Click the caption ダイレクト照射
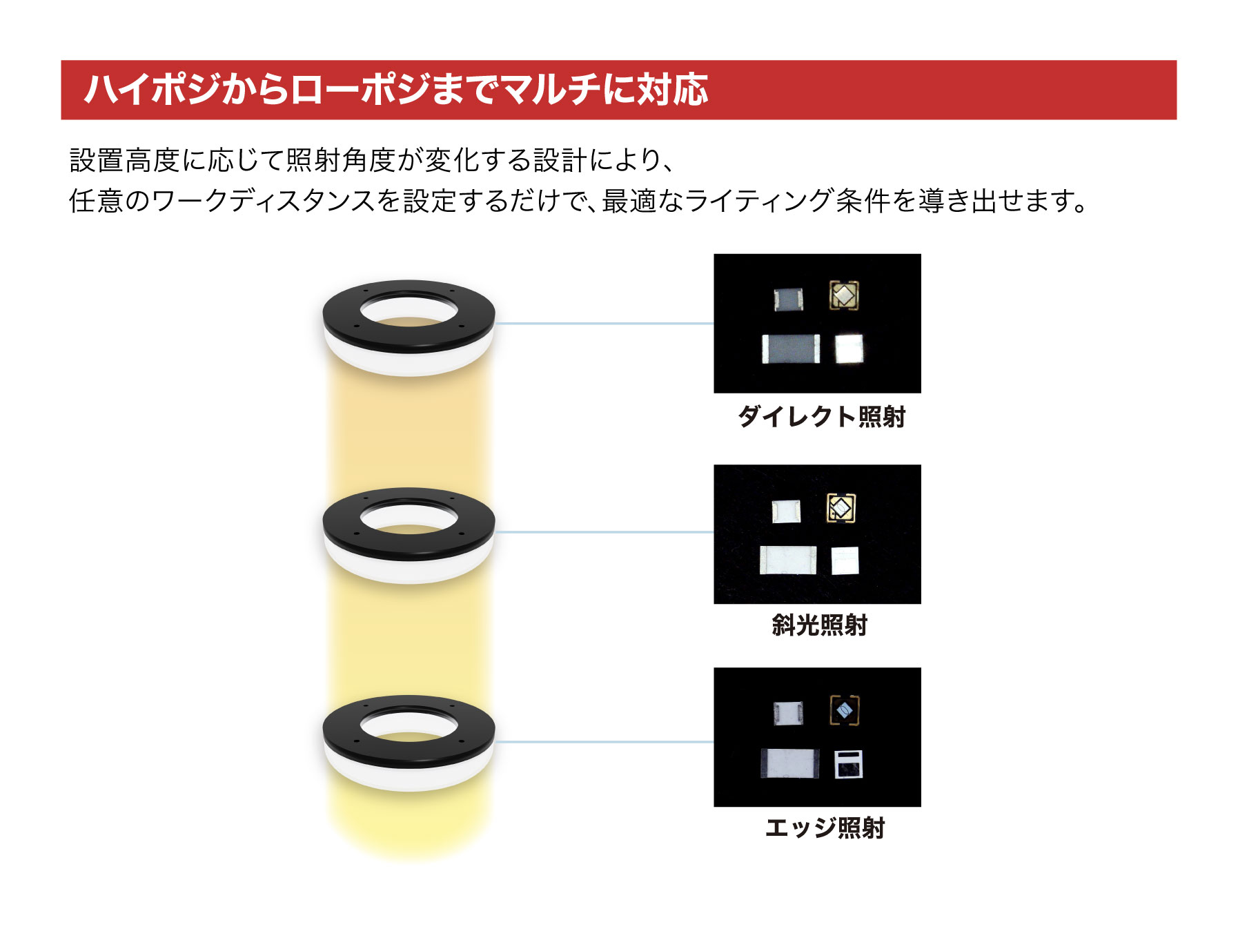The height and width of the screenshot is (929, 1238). (821, 416)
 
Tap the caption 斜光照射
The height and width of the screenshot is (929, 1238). (819, 625)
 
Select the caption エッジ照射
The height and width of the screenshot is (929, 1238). (825, 827)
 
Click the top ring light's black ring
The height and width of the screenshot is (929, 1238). (409, 316)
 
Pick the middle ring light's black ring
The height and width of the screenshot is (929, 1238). (409, 525)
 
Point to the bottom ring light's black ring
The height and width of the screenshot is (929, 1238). (409, 732)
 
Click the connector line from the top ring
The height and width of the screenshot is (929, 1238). (605, 323)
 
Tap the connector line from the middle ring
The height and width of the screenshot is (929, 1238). (605, 532)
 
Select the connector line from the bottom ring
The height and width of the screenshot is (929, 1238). (605, 742)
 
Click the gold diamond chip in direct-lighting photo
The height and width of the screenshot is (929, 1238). (843, 295)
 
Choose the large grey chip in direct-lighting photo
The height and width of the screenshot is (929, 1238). (791, 349)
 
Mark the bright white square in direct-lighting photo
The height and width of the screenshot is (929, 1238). (849, 349)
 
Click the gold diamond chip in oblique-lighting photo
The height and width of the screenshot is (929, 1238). (841, 509)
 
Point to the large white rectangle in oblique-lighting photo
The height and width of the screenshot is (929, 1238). (788, 560)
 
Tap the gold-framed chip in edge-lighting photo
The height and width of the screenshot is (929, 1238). (844, 710)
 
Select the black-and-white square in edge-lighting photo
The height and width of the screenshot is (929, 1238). (848, 764)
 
